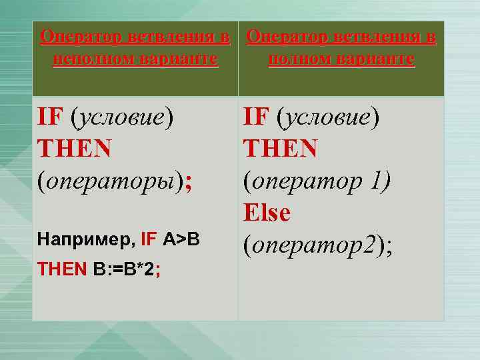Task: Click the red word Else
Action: (267, 213)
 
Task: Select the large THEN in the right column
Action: (280, 149)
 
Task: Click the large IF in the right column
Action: (255, 117)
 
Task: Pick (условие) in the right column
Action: (329, 117)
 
